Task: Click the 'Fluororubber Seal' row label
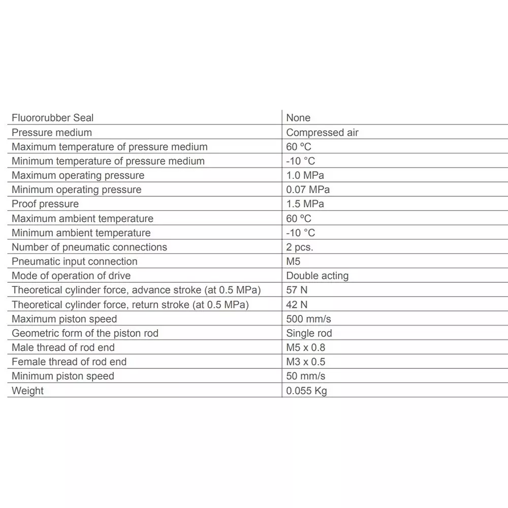53,118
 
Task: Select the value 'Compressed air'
322,133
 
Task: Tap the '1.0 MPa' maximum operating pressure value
305,175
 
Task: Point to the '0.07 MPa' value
308,189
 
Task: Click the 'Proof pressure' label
45,204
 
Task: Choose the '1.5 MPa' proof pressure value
305,204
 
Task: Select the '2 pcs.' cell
300,247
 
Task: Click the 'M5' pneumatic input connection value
293,262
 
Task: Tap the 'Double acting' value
317,276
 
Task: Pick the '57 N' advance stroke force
297,291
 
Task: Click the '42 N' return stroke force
297,305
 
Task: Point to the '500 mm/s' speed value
308,319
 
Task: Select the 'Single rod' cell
309,333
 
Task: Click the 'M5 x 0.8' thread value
305,347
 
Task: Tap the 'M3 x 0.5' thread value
305,362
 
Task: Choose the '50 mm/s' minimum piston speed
305,376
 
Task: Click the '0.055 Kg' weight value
306,391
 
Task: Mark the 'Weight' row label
27,391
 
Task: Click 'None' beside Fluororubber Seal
298,118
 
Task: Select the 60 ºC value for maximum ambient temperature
299,218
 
